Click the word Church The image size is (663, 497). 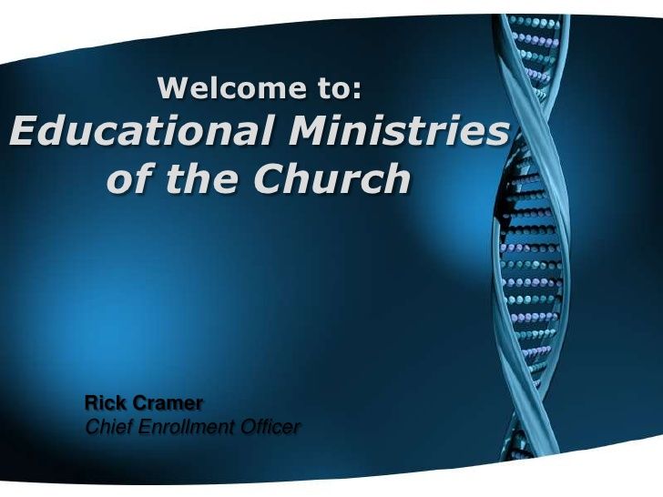pos(331,177)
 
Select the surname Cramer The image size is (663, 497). pos(168,403)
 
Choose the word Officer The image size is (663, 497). pos(270,426)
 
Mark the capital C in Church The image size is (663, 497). pos(270,177)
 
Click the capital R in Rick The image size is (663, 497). pos(91,402)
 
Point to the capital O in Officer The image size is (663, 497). pos(249,426)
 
